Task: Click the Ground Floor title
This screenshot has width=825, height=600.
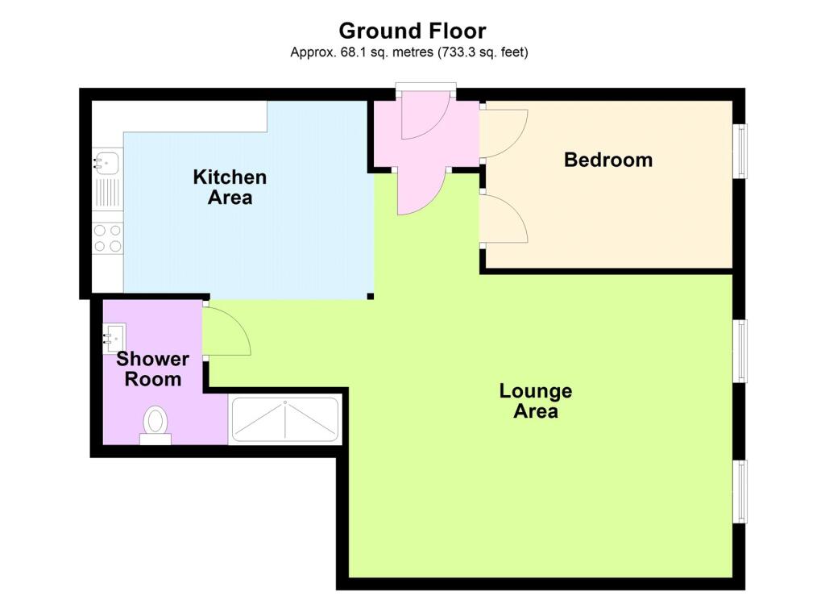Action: pos(412,31)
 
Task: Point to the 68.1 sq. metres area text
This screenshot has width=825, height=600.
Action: pos(362,52)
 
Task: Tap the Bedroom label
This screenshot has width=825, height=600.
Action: pos(608,160)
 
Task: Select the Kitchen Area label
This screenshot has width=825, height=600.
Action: pos(230,187)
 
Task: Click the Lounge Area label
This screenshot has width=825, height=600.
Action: pos(536,401)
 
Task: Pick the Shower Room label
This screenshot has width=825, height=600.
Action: pos(152,369)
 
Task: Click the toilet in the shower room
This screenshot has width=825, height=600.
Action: pos(155,425)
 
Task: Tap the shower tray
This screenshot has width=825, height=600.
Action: pos(285,419)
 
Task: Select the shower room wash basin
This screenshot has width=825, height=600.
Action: pos(114,338)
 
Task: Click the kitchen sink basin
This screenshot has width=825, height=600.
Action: pos(107,163)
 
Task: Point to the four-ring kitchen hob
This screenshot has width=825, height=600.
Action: pos(108,238)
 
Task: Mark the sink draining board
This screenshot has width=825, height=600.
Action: pos(107,193)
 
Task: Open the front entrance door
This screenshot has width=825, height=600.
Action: pos(425,115)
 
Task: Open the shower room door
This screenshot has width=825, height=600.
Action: pos(226,331)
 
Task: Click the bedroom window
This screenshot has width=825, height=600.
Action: pos(741,151)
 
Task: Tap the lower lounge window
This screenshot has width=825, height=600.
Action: pos(741,491)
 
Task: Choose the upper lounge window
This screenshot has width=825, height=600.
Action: pos(741,351)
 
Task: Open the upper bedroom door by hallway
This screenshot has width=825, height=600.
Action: pos(504,133)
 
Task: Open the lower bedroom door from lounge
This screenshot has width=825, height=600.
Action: pos(504,219)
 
